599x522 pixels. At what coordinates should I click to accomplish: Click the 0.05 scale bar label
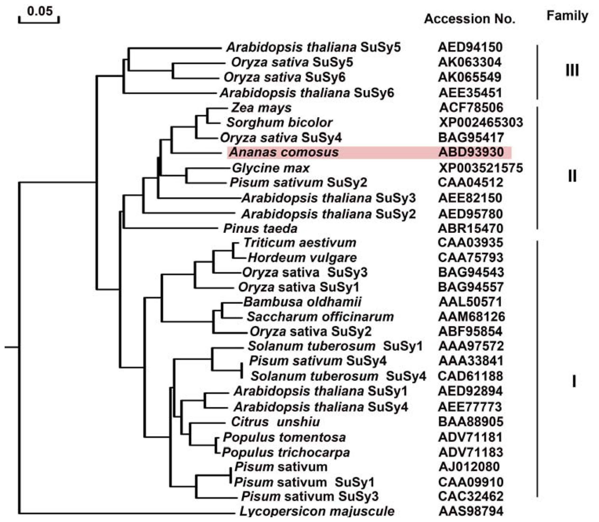click(40, 11)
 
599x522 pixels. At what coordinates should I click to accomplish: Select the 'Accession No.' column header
click(469, 19)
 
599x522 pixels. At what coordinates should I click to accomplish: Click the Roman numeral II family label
click(572, 176)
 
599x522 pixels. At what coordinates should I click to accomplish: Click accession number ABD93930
click(471, 152)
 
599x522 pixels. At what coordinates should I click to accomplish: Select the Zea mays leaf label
click(261, 108)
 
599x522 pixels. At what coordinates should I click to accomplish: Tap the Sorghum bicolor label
click(280, 123)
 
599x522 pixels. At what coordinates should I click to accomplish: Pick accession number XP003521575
click(481, 168)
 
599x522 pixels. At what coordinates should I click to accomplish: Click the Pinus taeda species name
click(260, 228)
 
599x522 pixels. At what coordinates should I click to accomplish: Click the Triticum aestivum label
click(300, 243)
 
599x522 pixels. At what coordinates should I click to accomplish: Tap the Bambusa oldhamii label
click(302, 302)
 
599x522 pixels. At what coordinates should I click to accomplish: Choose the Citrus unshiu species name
click(275, 422)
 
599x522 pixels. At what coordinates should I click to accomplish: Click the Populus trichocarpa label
click(286, 452)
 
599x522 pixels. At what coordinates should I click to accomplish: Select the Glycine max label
click(271, 168)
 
